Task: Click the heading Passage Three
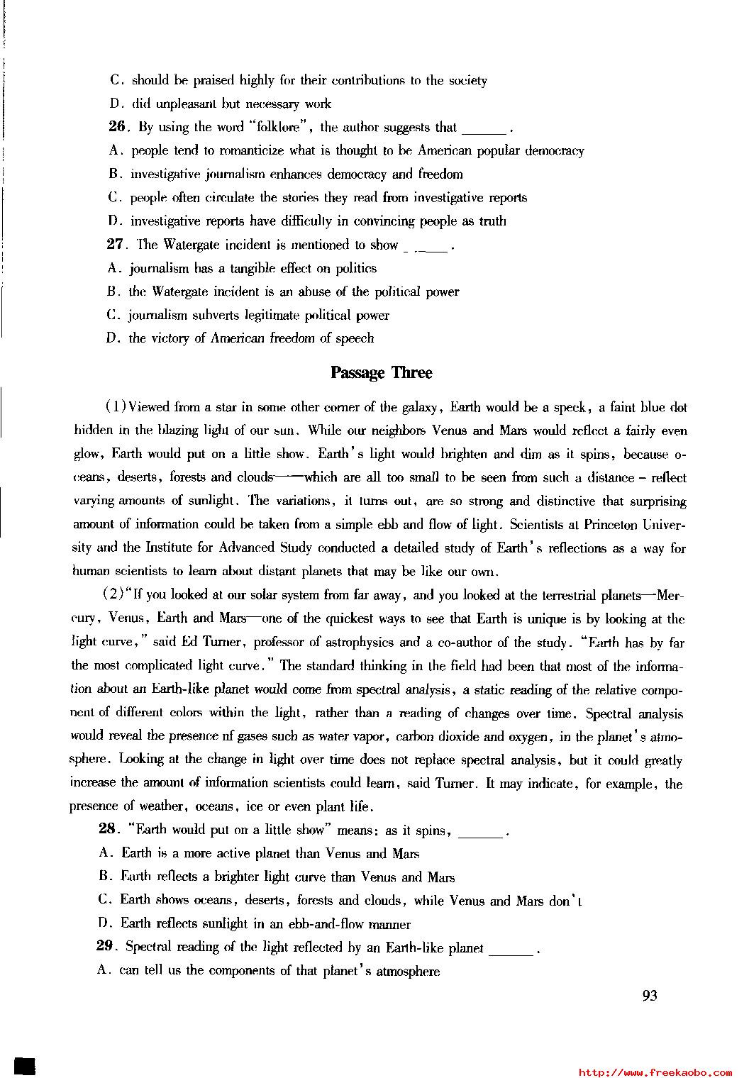381,373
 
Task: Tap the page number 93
650,996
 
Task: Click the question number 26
116,127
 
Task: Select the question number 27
116,245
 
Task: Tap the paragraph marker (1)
116,407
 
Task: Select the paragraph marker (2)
114,594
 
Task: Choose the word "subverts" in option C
216,315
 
